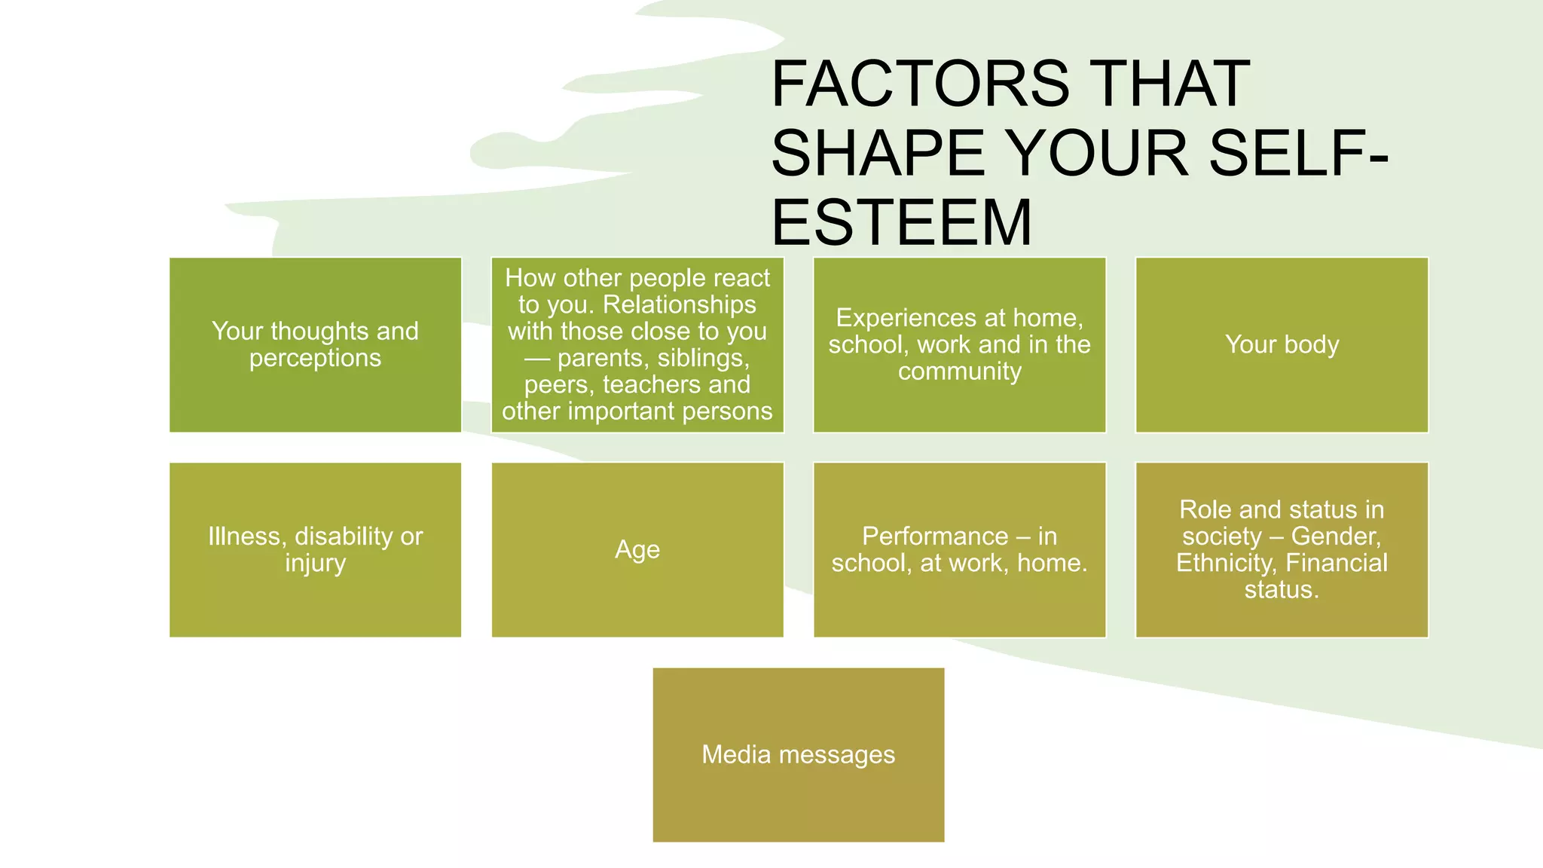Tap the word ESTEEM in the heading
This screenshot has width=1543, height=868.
[901, 222]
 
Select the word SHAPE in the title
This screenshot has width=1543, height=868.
[878, 153]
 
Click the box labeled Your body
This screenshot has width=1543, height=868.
[1282, 344]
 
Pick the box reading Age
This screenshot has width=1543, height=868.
[637, 549]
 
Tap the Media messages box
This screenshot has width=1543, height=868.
[798, 754]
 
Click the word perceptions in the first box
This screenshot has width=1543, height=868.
[315, 358]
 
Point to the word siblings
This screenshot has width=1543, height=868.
[702, 358]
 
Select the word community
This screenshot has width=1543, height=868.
[959, 371]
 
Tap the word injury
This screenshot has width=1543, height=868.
[315, 564]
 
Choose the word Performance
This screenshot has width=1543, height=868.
[934, 536]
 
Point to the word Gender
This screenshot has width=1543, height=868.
[1336, 536]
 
